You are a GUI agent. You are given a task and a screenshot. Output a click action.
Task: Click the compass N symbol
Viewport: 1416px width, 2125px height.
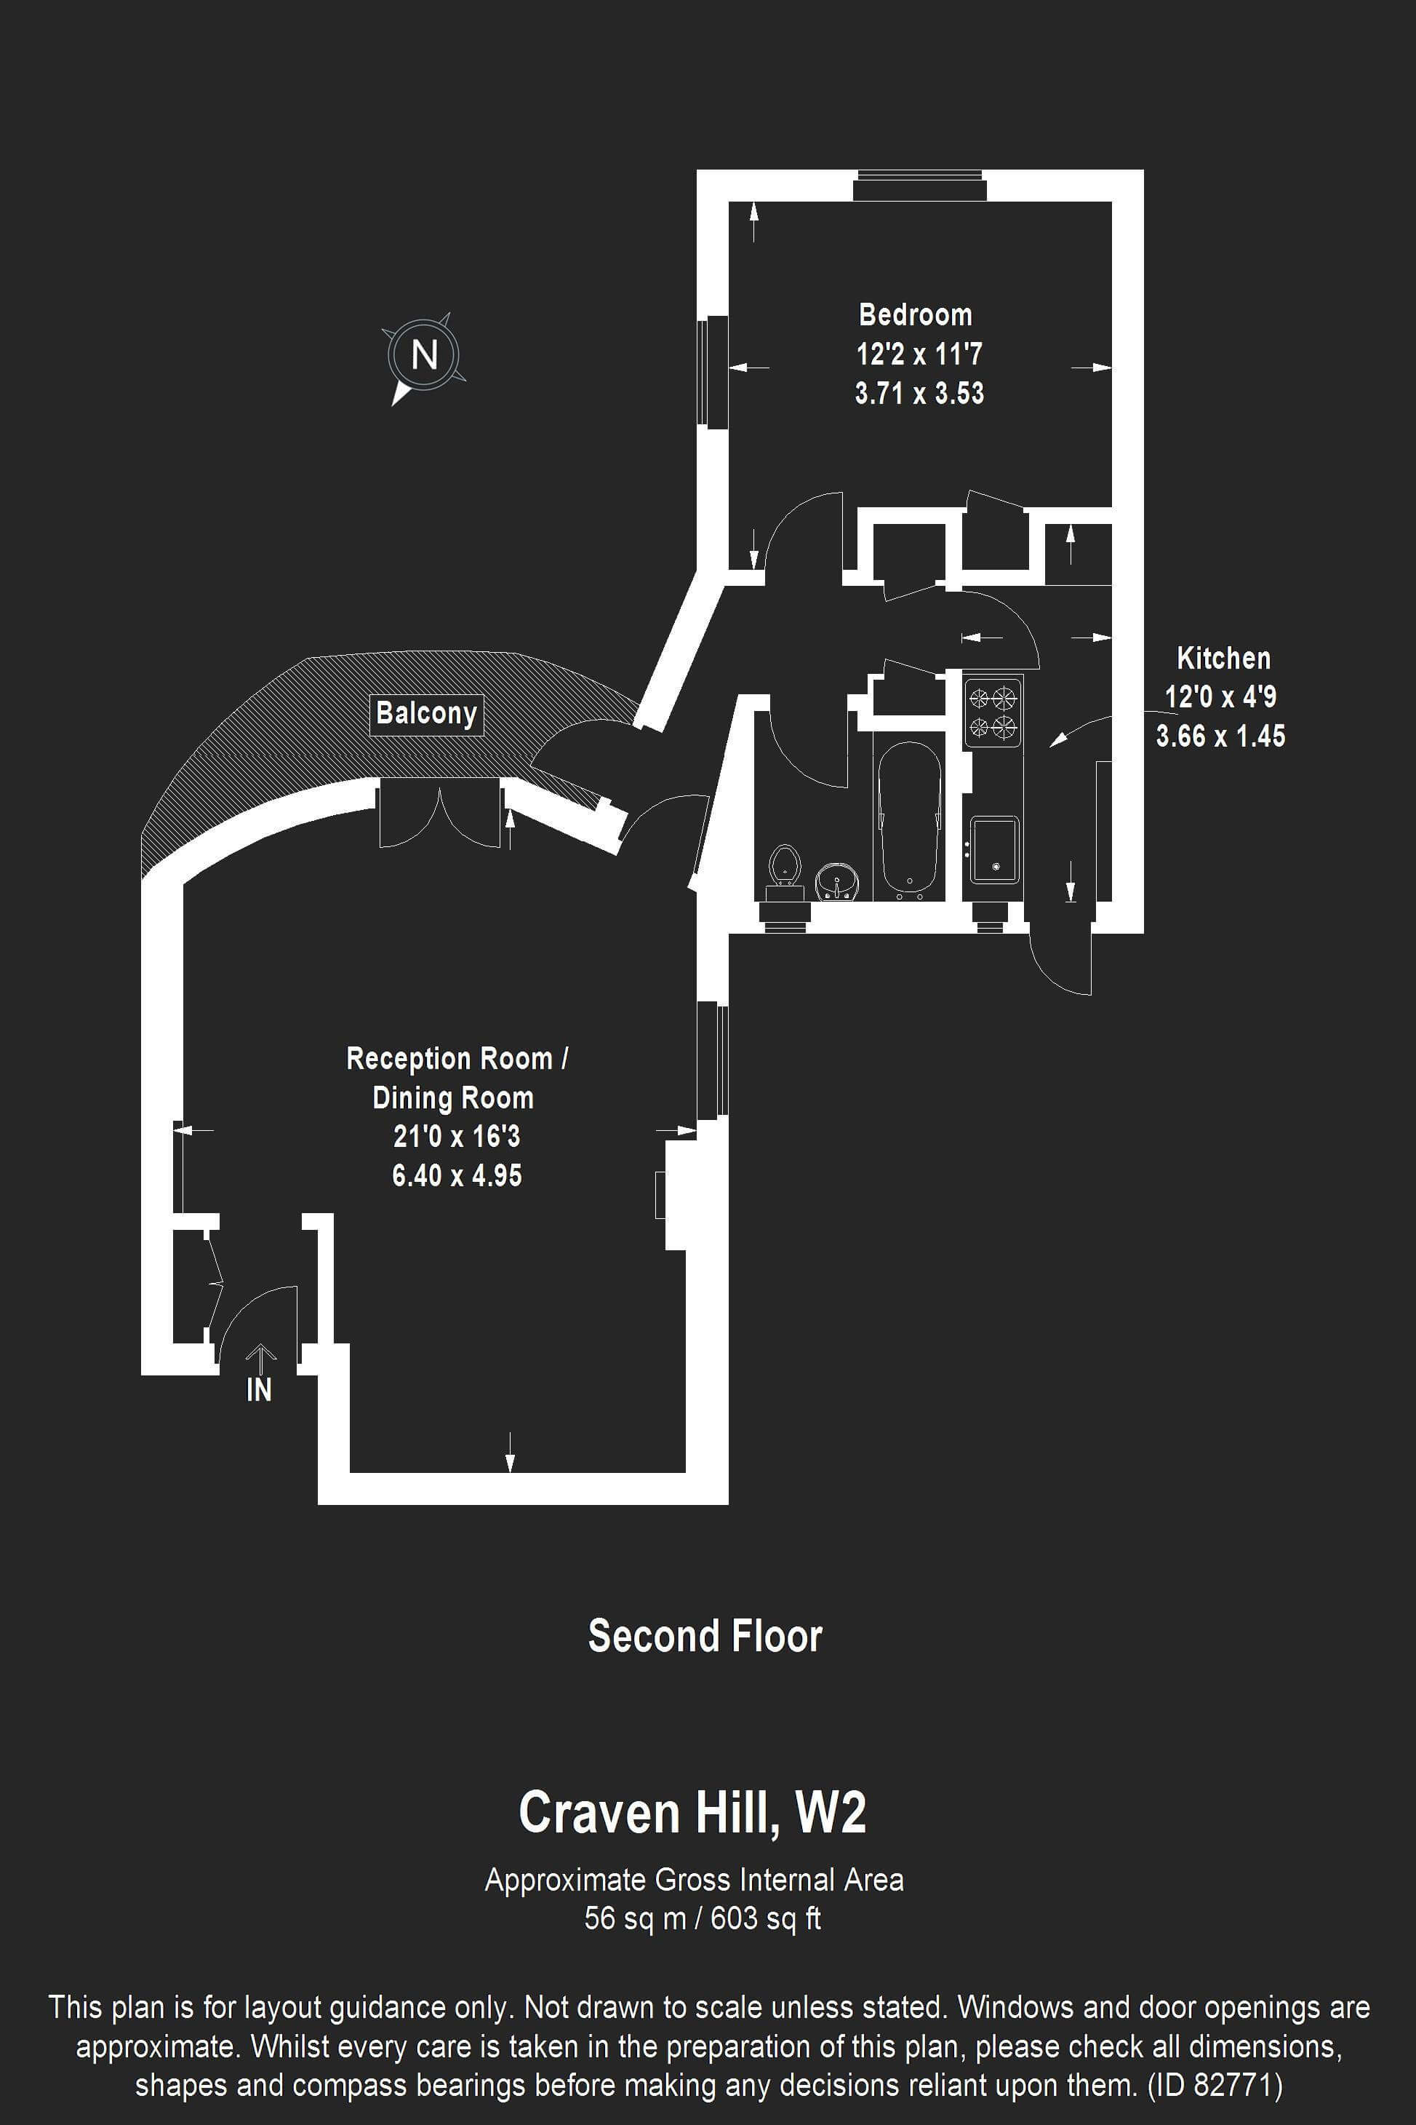(x=425, y=355)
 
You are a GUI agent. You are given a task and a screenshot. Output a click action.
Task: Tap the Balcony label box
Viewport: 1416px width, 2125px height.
(x=426, y=714)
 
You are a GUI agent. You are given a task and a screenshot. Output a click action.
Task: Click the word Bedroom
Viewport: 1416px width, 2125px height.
(x=916, y=314)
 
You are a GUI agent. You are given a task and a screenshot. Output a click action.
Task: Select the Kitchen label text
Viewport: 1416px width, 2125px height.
(x=1224, y=658)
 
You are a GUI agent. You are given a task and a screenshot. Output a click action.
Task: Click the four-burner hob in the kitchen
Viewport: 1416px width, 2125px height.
(x=993, y=712)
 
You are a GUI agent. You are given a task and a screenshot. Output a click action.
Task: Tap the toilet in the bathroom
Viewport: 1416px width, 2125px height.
(x=785, y=873)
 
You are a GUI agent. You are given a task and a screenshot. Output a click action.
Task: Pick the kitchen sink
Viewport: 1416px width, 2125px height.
(x=994, y=850)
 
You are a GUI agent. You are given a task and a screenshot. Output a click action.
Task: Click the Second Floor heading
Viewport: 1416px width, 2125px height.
(x=705, y=1635)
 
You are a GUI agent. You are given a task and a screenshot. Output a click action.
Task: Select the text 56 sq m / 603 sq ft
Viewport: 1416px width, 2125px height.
(x=703, y=1918)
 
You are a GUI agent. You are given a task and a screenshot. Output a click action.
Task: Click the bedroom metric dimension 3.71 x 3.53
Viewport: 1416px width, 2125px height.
(x=919, y=393)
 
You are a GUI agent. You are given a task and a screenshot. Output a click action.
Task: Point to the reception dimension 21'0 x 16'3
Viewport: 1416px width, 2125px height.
(x=457, y=1136)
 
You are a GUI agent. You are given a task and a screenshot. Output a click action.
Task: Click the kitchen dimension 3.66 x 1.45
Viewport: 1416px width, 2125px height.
(x=1221, y=736)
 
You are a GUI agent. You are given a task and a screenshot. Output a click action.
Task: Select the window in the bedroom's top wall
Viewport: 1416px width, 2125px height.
(x=920, y=186)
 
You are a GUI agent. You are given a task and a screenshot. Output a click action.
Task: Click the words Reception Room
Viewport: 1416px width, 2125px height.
(x=449, y=1059)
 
